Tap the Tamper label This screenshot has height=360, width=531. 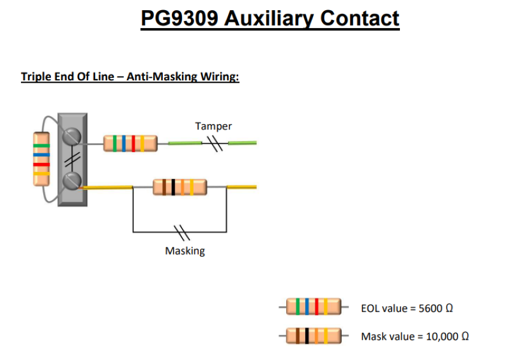click(x=213, y=126)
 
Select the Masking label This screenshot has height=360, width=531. click(x=184, y=251)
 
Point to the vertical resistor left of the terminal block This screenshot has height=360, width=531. click(x=41, y=159)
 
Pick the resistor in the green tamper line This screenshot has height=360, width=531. click(x=130, y=143)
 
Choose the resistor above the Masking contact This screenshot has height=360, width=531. click(x=180, y=187)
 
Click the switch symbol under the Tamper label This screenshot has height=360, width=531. click(x=214, y=143)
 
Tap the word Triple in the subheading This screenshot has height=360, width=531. click(x=36, y=77)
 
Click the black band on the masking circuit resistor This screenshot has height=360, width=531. click(x=173, y=187)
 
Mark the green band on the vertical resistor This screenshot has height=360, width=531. click(x=41, y=146)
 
